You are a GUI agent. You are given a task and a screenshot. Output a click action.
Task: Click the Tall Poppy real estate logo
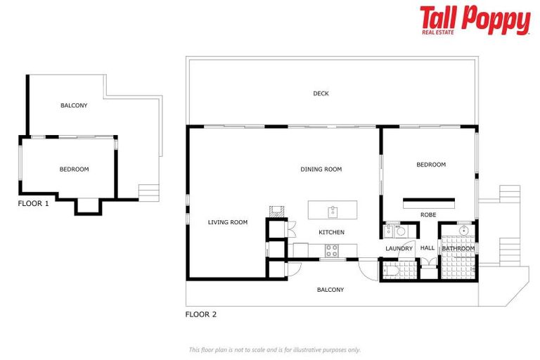[x=475, y=20]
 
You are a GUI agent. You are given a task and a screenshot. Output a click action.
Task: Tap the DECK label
[x=321, y=94]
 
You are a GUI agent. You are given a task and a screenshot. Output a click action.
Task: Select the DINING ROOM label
[x=321, y=169]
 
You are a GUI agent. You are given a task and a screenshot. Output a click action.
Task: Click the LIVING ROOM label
[x=228, y=222]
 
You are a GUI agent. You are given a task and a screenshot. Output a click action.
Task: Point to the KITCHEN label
[x=331, y=232]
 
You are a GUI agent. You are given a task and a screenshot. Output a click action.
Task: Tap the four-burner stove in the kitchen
[x=332, y=249]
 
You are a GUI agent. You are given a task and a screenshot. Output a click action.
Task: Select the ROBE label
[x=428, y=214]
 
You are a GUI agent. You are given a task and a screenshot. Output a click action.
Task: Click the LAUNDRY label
[x=399, y=248]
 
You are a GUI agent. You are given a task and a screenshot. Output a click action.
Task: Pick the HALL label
[x=427, y=248]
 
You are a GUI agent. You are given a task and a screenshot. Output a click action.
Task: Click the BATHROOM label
[x=458, y=248]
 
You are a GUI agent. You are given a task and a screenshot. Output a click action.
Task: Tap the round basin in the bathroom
[x=463, y=231]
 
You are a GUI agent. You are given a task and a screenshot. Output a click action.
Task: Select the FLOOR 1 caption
[x=33, y=203]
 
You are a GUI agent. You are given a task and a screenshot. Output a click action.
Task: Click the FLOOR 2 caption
[x=200, y=314]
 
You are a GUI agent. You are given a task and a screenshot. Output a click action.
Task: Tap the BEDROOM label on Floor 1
[x=74, y=169]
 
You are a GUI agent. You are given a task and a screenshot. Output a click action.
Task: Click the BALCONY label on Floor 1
[x=74, y=105]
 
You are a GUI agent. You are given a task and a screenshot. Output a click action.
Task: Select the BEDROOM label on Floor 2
[x=431, y=165]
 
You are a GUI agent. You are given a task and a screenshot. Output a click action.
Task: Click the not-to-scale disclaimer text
[x=274, y=349]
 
